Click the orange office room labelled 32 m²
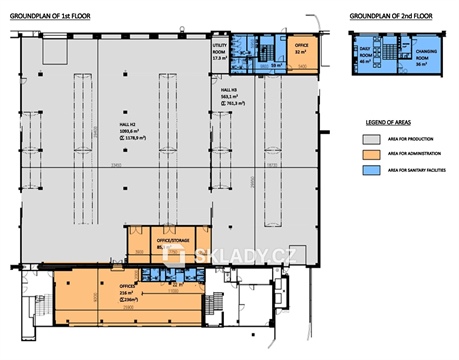(x=300, y=51)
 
